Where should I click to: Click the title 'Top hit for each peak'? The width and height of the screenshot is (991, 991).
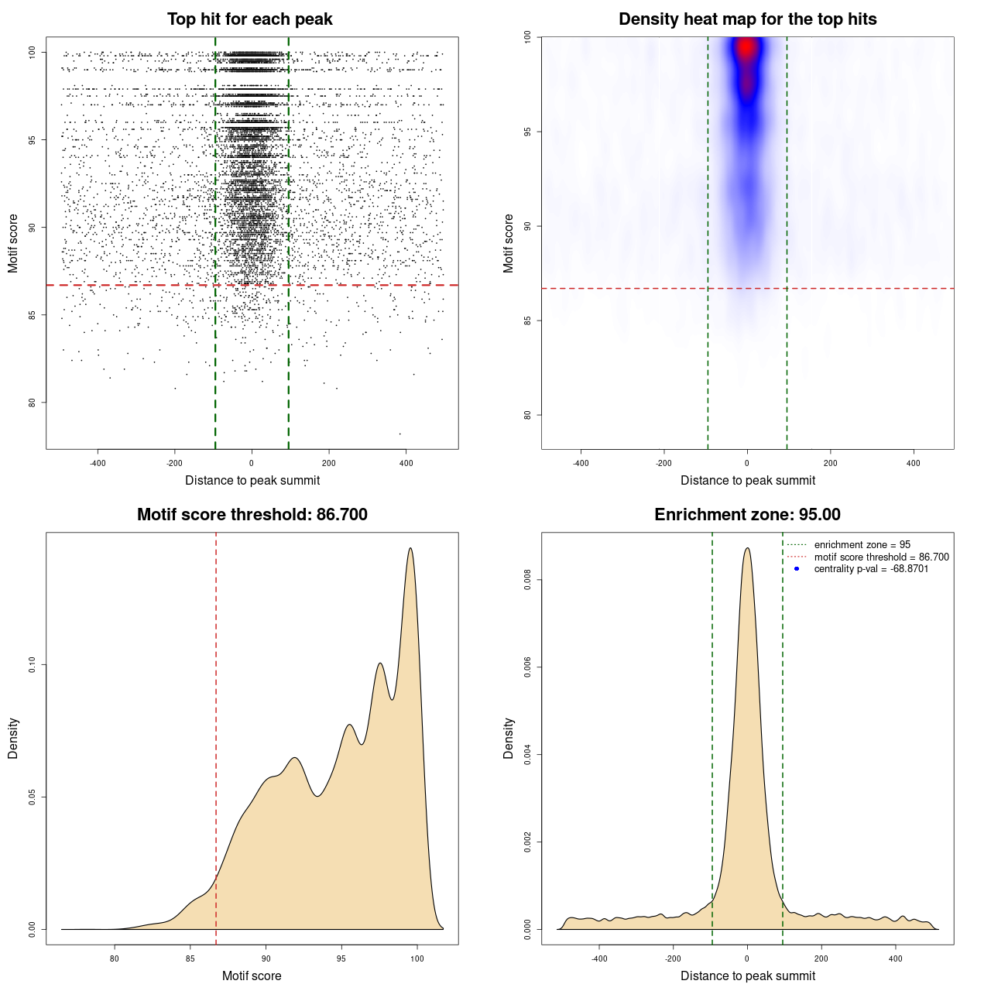(249, 19)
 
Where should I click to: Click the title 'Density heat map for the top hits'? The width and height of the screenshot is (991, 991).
(747, 19)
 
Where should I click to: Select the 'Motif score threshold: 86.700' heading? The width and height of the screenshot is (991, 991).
(252, 515)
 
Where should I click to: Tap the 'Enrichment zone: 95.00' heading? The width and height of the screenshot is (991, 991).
(747, 515)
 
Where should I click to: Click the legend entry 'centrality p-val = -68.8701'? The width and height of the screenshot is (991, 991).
(871, 569)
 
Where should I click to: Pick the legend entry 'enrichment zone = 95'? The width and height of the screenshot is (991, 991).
(862, 545)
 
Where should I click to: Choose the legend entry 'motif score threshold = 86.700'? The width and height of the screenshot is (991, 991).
(881, 557)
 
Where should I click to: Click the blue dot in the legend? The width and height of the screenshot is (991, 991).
(797, 569)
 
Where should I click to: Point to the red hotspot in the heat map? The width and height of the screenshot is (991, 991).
(746, 49)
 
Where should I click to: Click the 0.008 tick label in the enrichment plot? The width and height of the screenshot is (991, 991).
(528, 580)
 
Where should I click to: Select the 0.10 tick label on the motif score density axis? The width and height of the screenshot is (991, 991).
(32, 665)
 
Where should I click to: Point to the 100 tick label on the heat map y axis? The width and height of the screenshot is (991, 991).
(527, 37)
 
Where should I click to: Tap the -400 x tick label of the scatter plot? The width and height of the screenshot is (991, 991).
(98, 463)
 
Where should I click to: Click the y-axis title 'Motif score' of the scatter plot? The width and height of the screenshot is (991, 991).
(13, 244)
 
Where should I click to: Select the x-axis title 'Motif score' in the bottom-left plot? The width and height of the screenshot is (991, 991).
(252, 976)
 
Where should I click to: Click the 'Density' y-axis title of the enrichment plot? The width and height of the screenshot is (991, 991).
(509, 738)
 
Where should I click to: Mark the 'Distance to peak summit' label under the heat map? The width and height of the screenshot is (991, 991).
(748, 480)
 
